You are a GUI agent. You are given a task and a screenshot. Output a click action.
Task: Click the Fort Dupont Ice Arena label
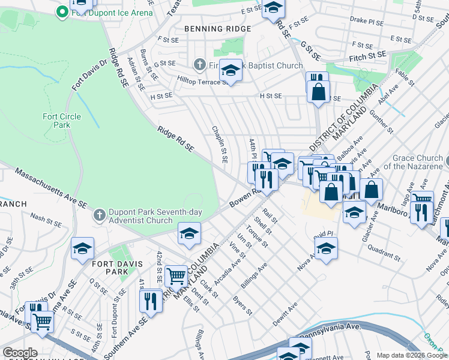click(112, 11)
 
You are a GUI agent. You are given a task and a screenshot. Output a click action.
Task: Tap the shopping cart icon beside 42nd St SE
click(176, 275)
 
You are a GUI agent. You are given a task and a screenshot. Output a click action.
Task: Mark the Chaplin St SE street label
click(219, 145)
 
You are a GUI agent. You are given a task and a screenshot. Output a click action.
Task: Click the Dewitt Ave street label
click(284, 313)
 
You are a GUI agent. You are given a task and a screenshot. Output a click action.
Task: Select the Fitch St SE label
click(368, 55)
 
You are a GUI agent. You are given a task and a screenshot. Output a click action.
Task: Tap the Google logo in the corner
click(20, 353)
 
